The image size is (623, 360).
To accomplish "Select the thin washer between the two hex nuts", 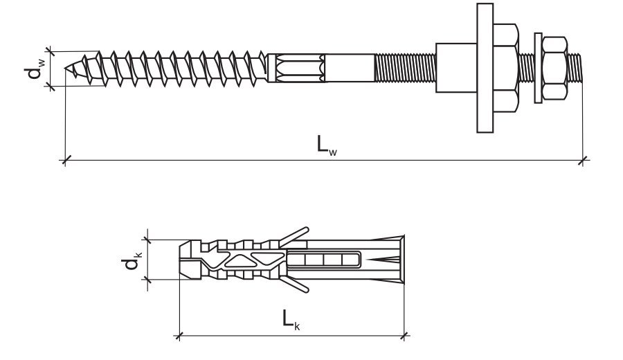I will [x=535, y=67].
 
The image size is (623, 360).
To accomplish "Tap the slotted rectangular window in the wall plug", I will [x=324, y=260].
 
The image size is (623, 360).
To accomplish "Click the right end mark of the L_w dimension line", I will [x=583, y=161].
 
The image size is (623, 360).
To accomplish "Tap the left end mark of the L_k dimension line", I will [x=179, y=336].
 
